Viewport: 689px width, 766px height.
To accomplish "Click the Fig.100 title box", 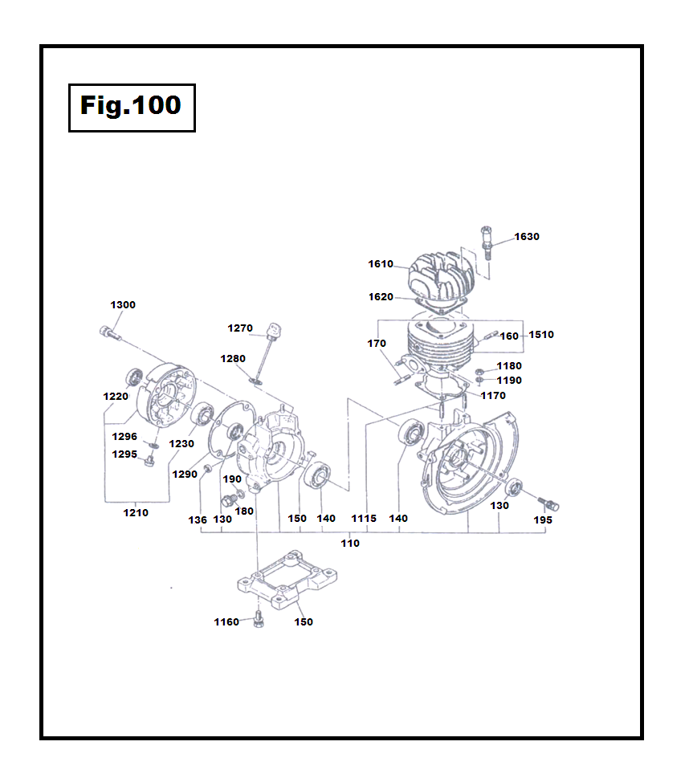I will (132, 107).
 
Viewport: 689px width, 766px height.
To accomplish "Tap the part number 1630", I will (527, 237).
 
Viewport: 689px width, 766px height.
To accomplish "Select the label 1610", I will (381, 264).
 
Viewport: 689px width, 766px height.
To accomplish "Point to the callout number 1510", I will (540, 335).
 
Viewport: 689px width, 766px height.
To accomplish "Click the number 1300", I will (123, 305).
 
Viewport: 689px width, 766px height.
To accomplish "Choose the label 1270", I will (240, 328).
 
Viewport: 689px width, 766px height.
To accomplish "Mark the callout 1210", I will (135, 513).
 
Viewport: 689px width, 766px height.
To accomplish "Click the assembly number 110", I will (350, 544).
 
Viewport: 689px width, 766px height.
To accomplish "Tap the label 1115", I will (364, 519).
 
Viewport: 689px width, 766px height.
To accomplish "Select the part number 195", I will (543, 520).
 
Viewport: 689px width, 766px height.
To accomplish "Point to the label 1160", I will (226, 622).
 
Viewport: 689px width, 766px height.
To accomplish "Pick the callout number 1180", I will (508, 366).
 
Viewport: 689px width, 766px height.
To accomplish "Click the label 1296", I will (124, 437).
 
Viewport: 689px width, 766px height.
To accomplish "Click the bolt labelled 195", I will (548, 503).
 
